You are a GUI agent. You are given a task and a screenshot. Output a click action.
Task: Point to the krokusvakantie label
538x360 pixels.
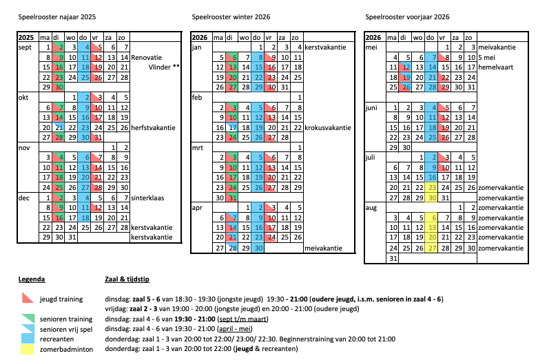coord(328,128)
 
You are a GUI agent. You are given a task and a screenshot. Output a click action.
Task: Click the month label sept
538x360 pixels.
coord(26,47)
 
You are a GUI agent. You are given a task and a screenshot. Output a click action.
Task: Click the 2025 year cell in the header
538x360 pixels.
coord(27,36)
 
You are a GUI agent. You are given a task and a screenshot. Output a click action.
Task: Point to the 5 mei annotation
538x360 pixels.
coord(487,57)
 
